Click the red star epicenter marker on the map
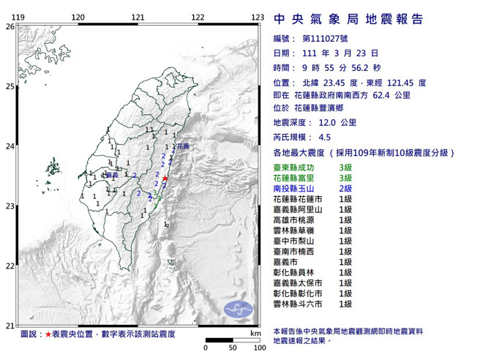point(165,179)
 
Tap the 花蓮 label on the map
point(182,146)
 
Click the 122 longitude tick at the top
point(198,18)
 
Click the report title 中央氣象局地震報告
point(349,20)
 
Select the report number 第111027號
point(322,39)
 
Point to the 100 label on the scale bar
point(258,347)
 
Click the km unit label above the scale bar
point(255,334)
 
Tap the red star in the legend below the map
point(48,334)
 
